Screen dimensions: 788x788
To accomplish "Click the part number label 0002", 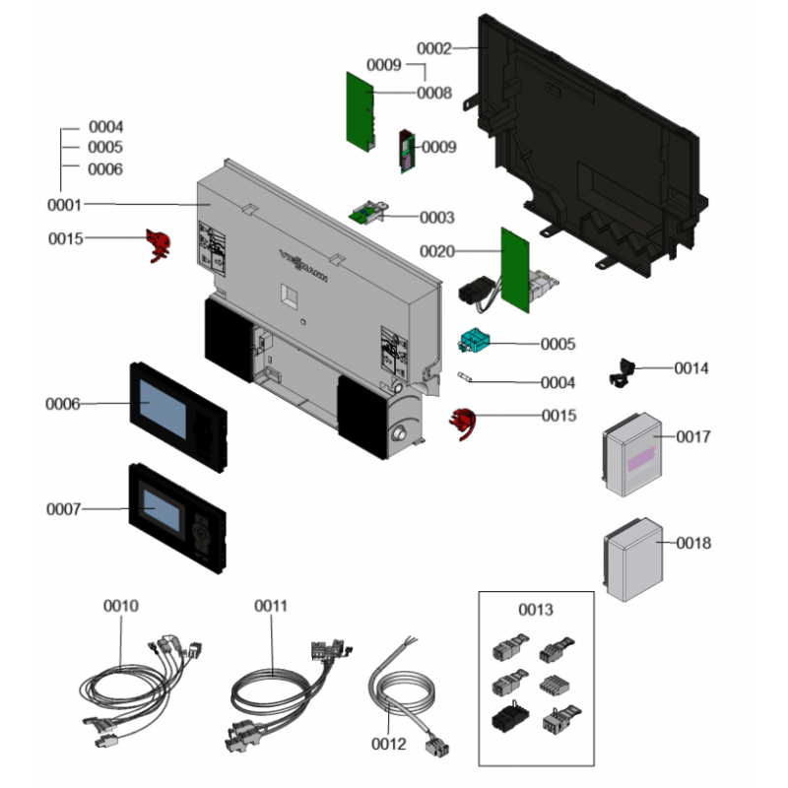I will point(433,48).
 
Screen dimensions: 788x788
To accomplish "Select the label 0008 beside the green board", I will point(434,94).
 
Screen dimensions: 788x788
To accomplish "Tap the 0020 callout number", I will point(437,252).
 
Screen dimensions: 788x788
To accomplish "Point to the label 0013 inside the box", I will point(535,610).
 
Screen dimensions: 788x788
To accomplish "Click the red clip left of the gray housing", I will point(157,245).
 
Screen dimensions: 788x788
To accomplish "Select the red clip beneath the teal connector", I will point(465,423).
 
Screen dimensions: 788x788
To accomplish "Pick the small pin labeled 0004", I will point(469,378).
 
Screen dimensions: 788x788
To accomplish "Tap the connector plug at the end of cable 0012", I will point(432,748).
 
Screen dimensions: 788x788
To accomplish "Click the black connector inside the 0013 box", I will point(504,720).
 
